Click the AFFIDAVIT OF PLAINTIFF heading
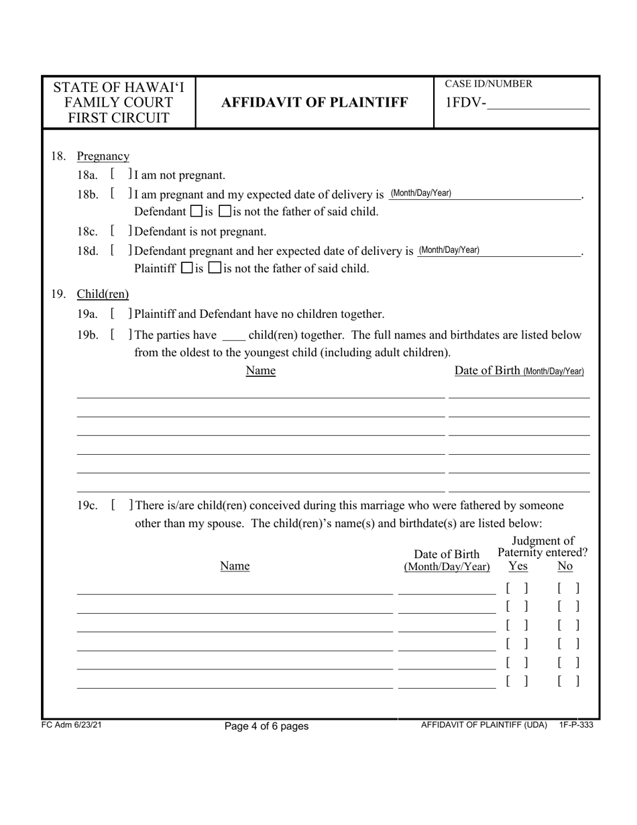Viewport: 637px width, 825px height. click(x=314, y=103)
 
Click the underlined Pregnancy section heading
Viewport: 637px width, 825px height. click(x=103, y=156)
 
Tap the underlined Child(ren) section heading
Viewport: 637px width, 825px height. click(x=103, y=294)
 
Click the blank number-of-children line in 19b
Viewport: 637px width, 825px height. click(x=233, y=335)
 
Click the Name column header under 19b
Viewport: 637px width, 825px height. click(x=261, y=371)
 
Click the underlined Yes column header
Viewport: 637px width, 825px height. click(x=518, y=567)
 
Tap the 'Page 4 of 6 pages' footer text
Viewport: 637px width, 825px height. click(x=267, y=726)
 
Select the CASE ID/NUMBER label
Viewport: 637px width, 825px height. click(x=489, y=84)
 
